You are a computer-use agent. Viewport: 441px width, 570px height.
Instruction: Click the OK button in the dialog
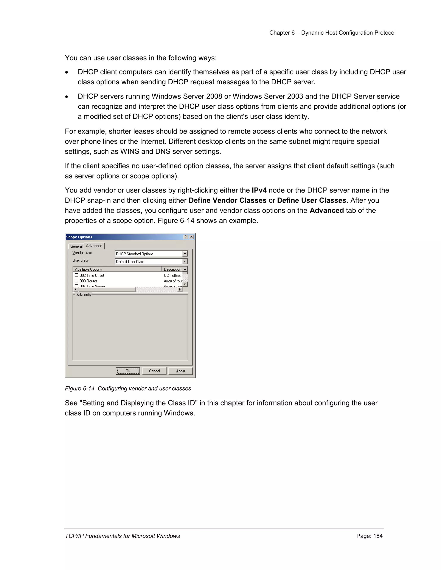[128, 371]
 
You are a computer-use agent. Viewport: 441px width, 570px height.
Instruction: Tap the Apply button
[180, 371]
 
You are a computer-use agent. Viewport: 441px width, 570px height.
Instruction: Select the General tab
[76, 246]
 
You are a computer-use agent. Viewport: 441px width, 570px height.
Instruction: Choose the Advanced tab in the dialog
[94, 246]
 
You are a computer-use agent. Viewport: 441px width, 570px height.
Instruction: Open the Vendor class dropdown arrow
[185, 254]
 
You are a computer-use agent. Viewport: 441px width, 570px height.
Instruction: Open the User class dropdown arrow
[185, 262]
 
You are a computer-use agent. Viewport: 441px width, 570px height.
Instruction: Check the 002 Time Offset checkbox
[76, 275]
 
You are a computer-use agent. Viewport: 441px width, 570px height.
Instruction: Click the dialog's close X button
[191, 237]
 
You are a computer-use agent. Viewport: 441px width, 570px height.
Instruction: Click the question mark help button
[186, 237]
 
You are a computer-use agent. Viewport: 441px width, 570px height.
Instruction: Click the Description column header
[172, 269]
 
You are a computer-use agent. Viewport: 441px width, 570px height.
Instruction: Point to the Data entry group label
[83, 295]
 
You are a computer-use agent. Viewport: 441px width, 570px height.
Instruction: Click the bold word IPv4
[259, 190]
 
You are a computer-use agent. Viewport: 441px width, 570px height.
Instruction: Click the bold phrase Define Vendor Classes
[227, 200]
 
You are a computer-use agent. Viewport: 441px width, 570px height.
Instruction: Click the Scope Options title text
[79, 237]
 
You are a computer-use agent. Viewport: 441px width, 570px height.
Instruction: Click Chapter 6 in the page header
[282, 33]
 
